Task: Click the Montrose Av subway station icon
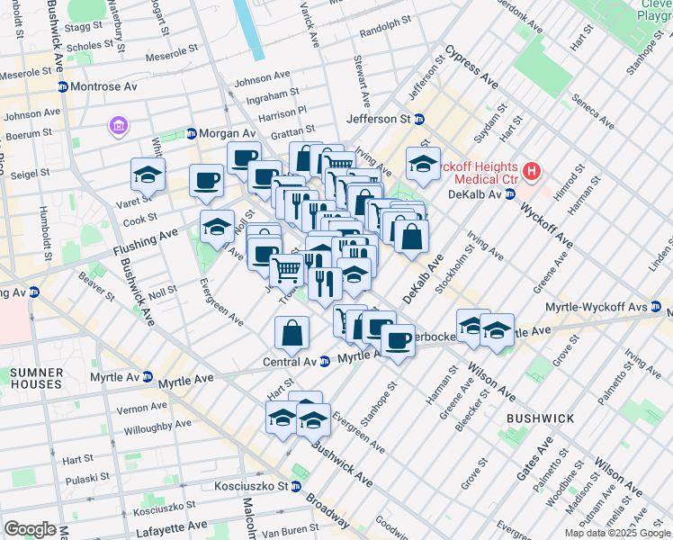[x=63, y=86]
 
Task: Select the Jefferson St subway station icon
[x=419, y=119]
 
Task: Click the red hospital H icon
[x=533, y=170]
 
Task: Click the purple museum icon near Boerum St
[x=118, y=128]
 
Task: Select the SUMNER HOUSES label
[x=36, y=378]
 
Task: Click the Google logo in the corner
[x=29, y=529]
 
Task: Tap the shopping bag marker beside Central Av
[x=293, y=334]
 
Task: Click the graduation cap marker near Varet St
[x=148, y=175]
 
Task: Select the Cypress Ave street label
[x=471, y=67]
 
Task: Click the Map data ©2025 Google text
[x=617, y=533]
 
